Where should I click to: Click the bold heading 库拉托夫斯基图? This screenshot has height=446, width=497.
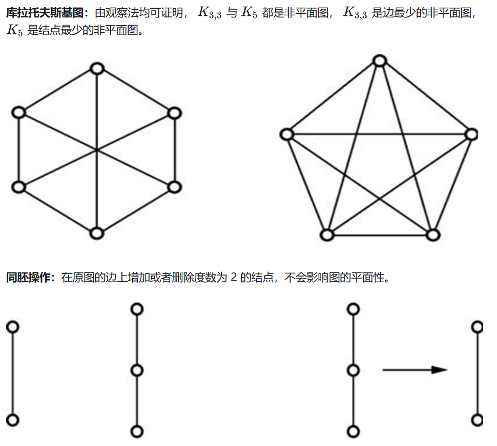[45, 13]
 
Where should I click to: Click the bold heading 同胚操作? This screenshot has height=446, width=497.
[30, 278]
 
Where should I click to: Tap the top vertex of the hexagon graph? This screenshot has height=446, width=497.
[97, 68]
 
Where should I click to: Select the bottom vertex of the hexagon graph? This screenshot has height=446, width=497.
[97, 233]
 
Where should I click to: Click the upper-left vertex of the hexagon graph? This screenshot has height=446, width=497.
[18, 112]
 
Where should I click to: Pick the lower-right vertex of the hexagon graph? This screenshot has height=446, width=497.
[175, 187]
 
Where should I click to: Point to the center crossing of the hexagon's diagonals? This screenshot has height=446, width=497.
[97, 150]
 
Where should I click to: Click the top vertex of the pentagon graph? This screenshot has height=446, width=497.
[379, 61]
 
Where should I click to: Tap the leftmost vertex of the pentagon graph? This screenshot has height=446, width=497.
[286, 134]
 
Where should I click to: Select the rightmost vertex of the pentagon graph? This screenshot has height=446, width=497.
[471, 134]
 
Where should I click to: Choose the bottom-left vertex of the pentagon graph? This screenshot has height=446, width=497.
[326, 235]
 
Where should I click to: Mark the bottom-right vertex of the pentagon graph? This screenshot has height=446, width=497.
[433, 235]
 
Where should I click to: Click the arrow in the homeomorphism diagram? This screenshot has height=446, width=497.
[415, 369]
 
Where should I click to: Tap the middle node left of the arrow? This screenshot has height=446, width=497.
[353, 370]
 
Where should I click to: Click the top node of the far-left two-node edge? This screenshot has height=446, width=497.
[13, 326]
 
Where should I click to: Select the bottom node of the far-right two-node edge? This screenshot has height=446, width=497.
[478, 420]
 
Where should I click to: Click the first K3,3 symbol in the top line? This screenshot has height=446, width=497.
[209, 14]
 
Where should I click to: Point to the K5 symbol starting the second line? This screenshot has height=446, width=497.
[15, 30]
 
